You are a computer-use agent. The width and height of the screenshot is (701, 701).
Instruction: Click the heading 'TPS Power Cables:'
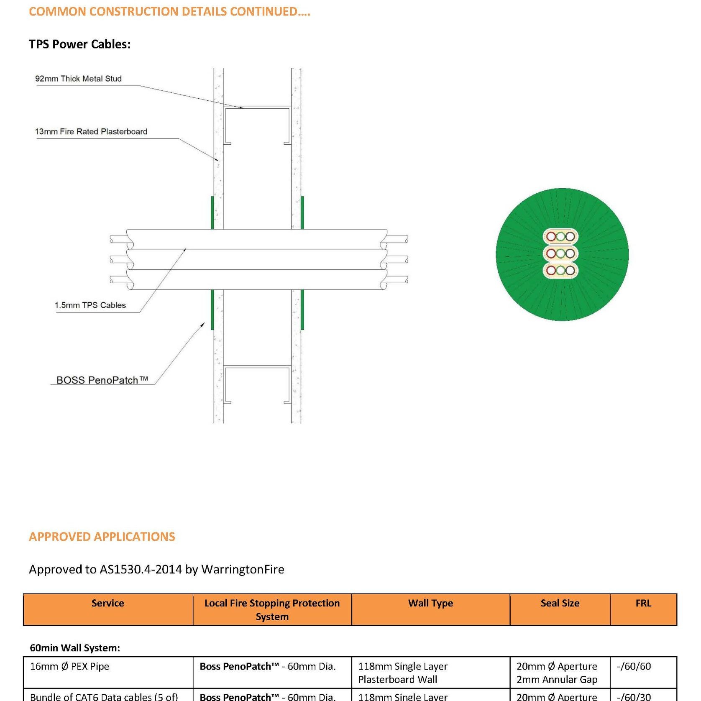pos(79,44)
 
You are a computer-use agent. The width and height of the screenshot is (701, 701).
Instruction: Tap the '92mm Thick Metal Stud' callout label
pos(78,79)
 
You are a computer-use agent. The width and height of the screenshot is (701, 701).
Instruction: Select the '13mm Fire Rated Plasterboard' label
pos(91,132)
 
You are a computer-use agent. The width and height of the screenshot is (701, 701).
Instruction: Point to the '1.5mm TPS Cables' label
pos(90,305)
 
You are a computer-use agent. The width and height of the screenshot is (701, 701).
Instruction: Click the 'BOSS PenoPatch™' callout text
pos(102,380)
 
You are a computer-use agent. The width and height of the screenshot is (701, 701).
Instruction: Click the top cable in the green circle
pos(560,237)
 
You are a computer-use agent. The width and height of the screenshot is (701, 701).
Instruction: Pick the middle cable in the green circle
pos(560,253)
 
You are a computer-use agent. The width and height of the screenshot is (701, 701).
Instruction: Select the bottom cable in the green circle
pos(560,270)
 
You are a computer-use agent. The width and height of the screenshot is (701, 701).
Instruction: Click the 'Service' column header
pos(108,603)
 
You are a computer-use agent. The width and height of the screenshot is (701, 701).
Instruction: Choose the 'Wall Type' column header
pos(430,603)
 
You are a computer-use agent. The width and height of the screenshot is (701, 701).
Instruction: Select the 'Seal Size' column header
pos(560,603)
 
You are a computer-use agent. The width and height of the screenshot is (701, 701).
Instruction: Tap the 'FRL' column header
pos(643,603)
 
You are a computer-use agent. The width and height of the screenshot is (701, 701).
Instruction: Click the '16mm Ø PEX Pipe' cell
pos(69,666)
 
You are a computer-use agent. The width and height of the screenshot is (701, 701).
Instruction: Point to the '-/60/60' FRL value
pos(634,666)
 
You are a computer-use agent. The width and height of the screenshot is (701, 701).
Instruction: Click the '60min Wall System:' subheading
pos(75,648)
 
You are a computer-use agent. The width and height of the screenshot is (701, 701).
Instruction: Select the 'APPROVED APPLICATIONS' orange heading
pos(102,537)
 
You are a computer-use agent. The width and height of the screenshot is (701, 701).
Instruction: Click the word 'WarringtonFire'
pos(243,569)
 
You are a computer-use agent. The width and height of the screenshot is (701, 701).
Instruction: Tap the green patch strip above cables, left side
pos(212,212)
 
